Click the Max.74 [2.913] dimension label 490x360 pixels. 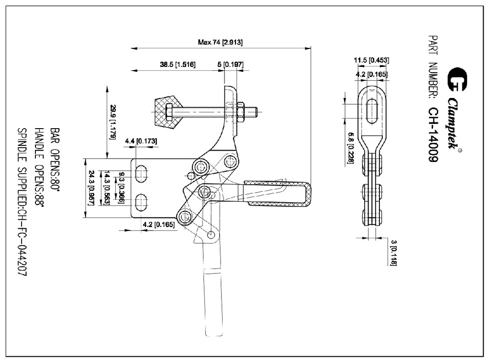pos(220,43)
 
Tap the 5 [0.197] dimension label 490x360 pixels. pos(237,65)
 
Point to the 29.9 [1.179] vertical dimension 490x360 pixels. pos(113,121)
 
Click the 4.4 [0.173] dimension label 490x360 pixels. pos(141,142)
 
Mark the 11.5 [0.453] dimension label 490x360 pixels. pos(371,60)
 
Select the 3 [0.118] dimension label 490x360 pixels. pos(393,253)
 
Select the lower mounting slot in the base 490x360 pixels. pos(141,202)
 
